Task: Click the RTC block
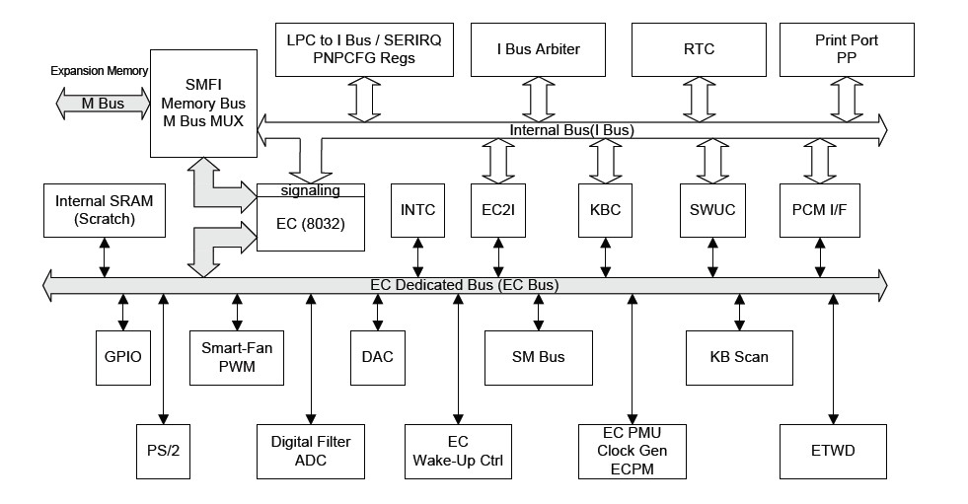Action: pyautogui.click(x=699, y=49)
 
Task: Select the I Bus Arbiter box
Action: pyautogui.click(x=539, y=49)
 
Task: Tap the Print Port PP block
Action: pyautogui.click(x=846, y=49)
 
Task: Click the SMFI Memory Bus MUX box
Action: pyautogui.click(x=202, y=103)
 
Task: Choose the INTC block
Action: pyautogui.click(x=418, y=210)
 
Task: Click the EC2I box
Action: pyautogui.click(x=498, y=210)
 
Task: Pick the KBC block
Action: pyautogui.click(x=605, y=210)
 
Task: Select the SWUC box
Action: pyautogui.click(x=712, y=210)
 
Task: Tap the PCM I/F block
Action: pyautogui.click(x=819, y=210)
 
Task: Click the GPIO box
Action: pyautogui.click(x=123, y=356)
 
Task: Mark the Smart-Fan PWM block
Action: pyautogui.click(x=236, y=356)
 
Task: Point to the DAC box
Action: pyautogui.click(x=377, y=356)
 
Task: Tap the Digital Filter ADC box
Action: pyautogui.click(x=310, y=451)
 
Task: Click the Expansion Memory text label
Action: pyautogui.click(x=99, y=71)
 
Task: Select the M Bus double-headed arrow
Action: pyautogui.click(x=103, y=103)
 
